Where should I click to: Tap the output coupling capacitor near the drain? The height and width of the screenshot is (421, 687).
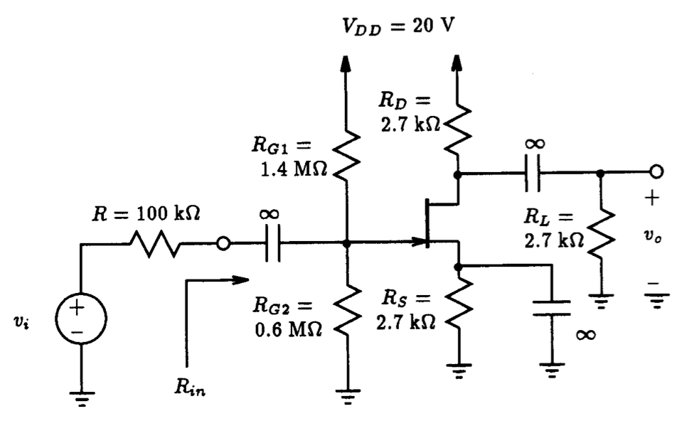point(534,172)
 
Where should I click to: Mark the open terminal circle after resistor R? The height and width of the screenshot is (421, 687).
point(223,244)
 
